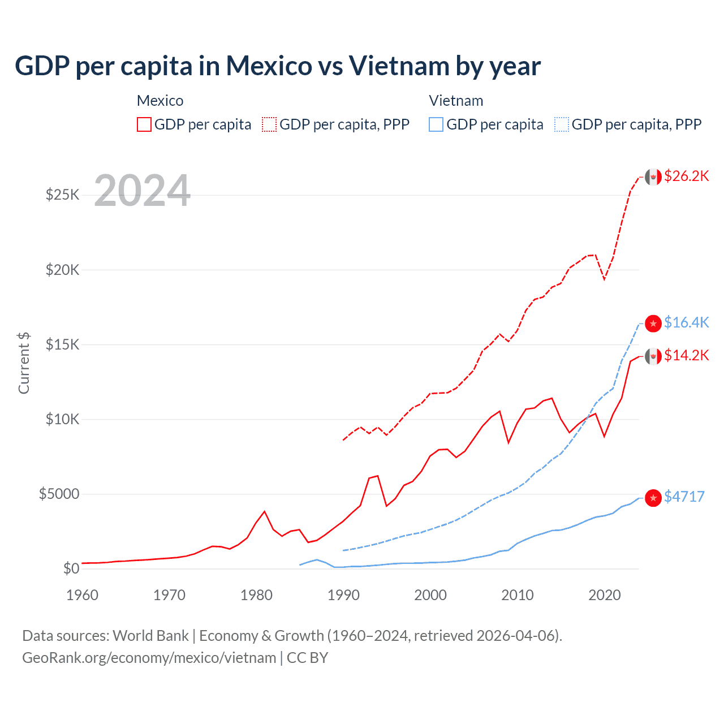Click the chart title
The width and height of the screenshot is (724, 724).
click(278, 66)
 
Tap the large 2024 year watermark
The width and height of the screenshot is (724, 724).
click(142, 191)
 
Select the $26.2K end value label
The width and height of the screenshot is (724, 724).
click(686, 176)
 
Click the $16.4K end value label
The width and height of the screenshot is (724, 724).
click(686, 322)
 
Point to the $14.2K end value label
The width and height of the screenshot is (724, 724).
click(686, 355)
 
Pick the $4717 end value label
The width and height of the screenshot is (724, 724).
click(684, 497)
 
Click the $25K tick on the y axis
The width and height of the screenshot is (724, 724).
click(63, 195)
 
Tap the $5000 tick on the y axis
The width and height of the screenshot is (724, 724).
click(59, 494)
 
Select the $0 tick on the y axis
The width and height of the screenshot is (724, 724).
click(71, 568)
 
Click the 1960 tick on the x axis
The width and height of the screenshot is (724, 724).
click(82, 595)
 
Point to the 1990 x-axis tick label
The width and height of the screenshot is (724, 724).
click(343, 595)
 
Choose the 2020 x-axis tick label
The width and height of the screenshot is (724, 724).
click(604, 595)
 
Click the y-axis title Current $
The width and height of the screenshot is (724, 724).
click(24, 363)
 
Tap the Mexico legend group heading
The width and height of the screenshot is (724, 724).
click(160, 101)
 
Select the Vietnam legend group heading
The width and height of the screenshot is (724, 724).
click(456, 101)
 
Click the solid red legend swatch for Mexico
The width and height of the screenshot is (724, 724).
click(144, 124)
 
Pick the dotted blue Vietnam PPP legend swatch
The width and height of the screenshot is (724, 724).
click(562, 124)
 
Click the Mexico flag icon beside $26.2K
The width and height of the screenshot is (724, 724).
click(653, 177)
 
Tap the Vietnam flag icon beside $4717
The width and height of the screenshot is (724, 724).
click(653, 497)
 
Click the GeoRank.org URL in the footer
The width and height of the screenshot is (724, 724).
click(149, 658)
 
